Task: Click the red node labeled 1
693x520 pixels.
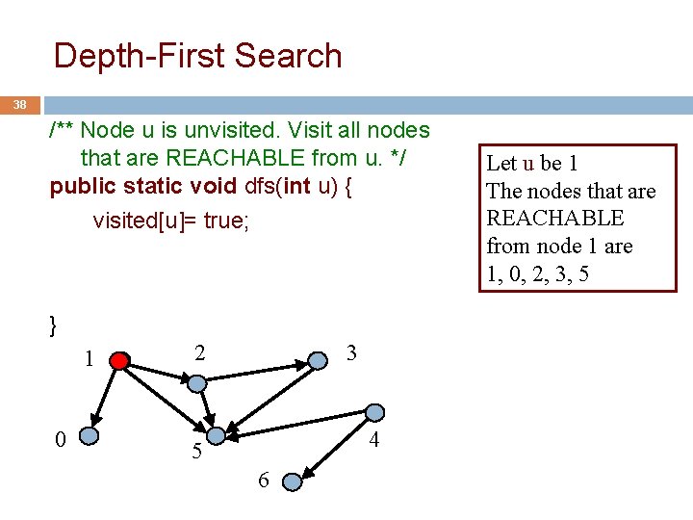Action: coord(119,361)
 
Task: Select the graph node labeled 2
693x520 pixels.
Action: coord(196,383)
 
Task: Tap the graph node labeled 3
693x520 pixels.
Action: coord(317,361)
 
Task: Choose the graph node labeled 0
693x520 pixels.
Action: coord(89,436)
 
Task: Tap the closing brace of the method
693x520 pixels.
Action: coord(53,325)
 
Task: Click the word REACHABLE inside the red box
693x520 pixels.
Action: coord(555,219)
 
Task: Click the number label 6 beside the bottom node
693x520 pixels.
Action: coord(263,480)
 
